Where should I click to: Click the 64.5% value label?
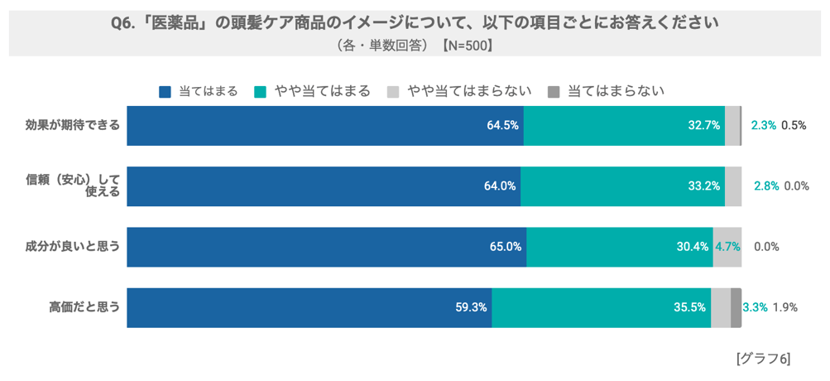pyautogui.click(x=503, y=126)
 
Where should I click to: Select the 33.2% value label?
pyautogui.click(x=703, y=186)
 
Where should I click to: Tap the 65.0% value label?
pyautogui.click(x=506, y=247)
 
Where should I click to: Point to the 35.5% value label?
pyautogui.click(x=689, y=307)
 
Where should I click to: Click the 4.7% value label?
pyautogui.click(x=727, y=247)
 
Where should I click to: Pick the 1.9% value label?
pyautogui.click(x=784, y=307)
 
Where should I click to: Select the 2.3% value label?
pyautogui.click(x=763, y=126)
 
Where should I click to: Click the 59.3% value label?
pyautogui.click(x=471, y=307)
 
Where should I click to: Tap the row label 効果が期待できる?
pyautogui.click(x=73, y=126)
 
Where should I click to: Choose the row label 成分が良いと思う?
pyautogui.click(x=73, y=247)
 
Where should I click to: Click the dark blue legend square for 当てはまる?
pyautogui.click(x=165, y=92)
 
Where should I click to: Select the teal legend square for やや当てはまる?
pyautogui.click(x=260, y=92)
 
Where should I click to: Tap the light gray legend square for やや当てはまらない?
pyautogui.click(x=393, y=92)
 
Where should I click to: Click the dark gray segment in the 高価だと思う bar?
pyautogui.click(x=736, y=307)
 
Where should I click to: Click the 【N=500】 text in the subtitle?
pyautogui.click(x=468, y=46)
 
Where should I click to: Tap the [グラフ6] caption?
pyautogui.click(x=762, y=359)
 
